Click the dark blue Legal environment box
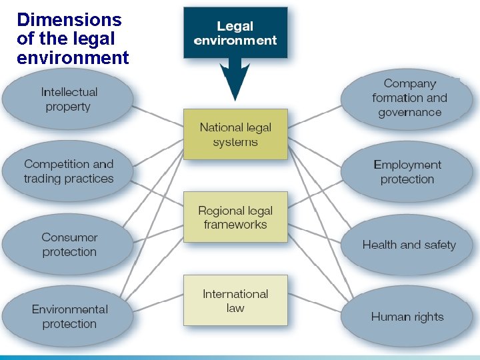pos(235,33)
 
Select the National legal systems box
pos(235,134)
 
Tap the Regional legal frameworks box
pos(235,217)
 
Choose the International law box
pos(235,300)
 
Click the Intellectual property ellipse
pos(69,99)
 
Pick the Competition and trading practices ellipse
pos(69,171)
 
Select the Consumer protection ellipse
pos(69,245)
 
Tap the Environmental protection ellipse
pos(69,317)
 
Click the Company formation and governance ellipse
pos(409,98)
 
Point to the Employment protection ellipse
pos(407,171)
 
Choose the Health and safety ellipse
pos(409,245)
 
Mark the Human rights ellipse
pos(407,317)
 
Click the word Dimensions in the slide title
pos(69,20)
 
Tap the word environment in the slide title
pos(73,58)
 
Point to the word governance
pos(409,112)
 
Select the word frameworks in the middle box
pos(235,225)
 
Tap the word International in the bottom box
pos(235,293)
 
